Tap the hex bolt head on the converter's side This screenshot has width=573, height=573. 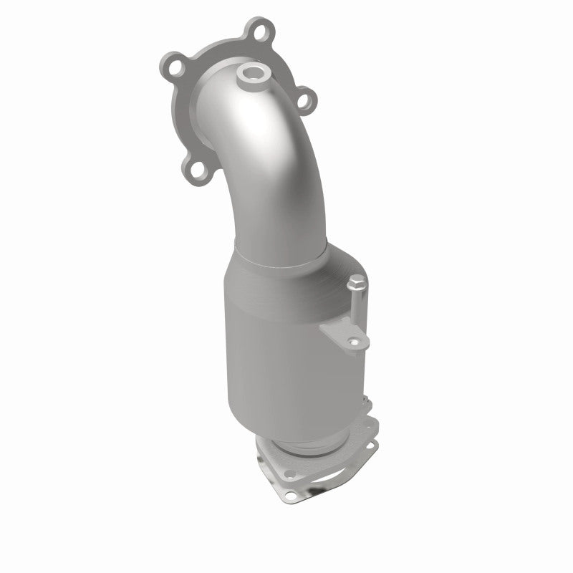pos(356,286)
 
